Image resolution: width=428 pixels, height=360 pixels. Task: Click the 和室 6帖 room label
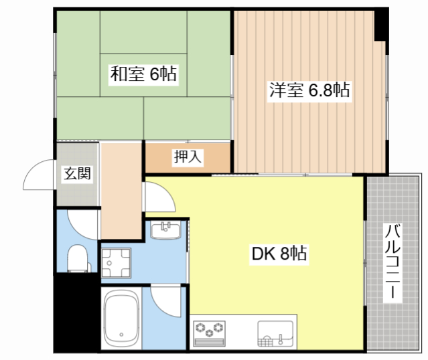[x=143, y=74]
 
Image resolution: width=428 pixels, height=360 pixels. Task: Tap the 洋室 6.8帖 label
[x=309, y=90]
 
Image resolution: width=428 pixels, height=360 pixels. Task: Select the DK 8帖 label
[x=279, y=254]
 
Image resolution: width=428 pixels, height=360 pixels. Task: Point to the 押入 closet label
[x=188, y=157]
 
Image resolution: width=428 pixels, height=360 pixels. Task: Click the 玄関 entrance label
[x=77, y=173]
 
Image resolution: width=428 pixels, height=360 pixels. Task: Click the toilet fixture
[x=78, y=258]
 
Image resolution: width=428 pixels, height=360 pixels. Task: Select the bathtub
[x=121, y=319]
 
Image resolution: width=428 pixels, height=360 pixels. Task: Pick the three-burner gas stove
[x=210, y=333]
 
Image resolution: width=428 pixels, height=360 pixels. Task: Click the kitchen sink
[x=275, y=333]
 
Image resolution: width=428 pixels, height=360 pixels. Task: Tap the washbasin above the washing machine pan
[x=165, y=230]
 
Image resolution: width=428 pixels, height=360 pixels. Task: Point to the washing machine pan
[x=116, y=263]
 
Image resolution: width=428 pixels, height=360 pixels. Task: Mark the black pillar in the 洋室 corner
[x=381, y=25]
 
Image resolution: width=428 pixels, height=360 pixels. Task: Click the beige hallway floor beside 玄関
[x=121, y=191]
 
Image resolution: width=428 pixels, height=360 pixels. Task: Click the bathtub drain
[x=121, y=335]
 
